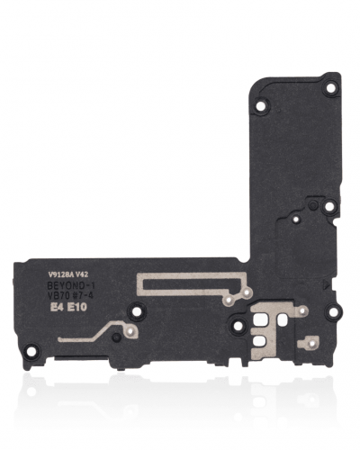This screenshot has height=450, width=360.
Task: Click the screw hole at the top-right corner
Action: [330, 88]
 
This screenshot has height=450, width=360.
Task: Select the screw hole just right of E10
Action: [136, 312]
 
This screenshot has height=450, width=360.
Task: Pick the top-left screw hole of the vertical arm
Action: [261, 105]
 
